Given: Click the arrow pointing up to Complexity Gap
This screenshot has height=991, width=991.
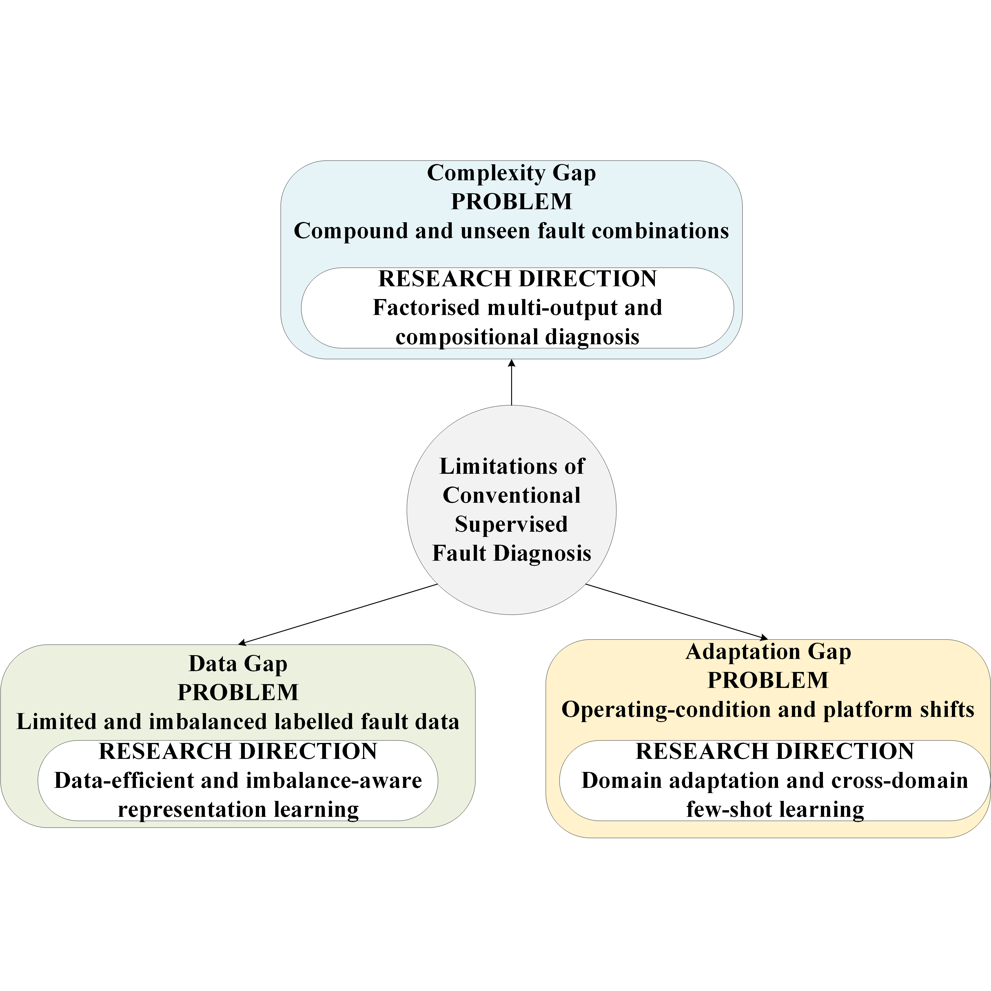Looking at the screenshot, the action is [511, 382].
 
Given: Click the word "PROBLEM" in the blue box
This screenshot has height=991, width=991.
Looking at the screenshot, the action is [511, 202].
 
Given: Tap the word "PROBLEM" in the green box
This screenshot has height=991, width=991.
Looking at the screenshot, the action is [238, 693].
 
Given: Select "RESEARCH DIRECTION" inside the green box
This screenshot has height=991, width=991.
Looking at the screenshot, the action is [238, 751].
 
